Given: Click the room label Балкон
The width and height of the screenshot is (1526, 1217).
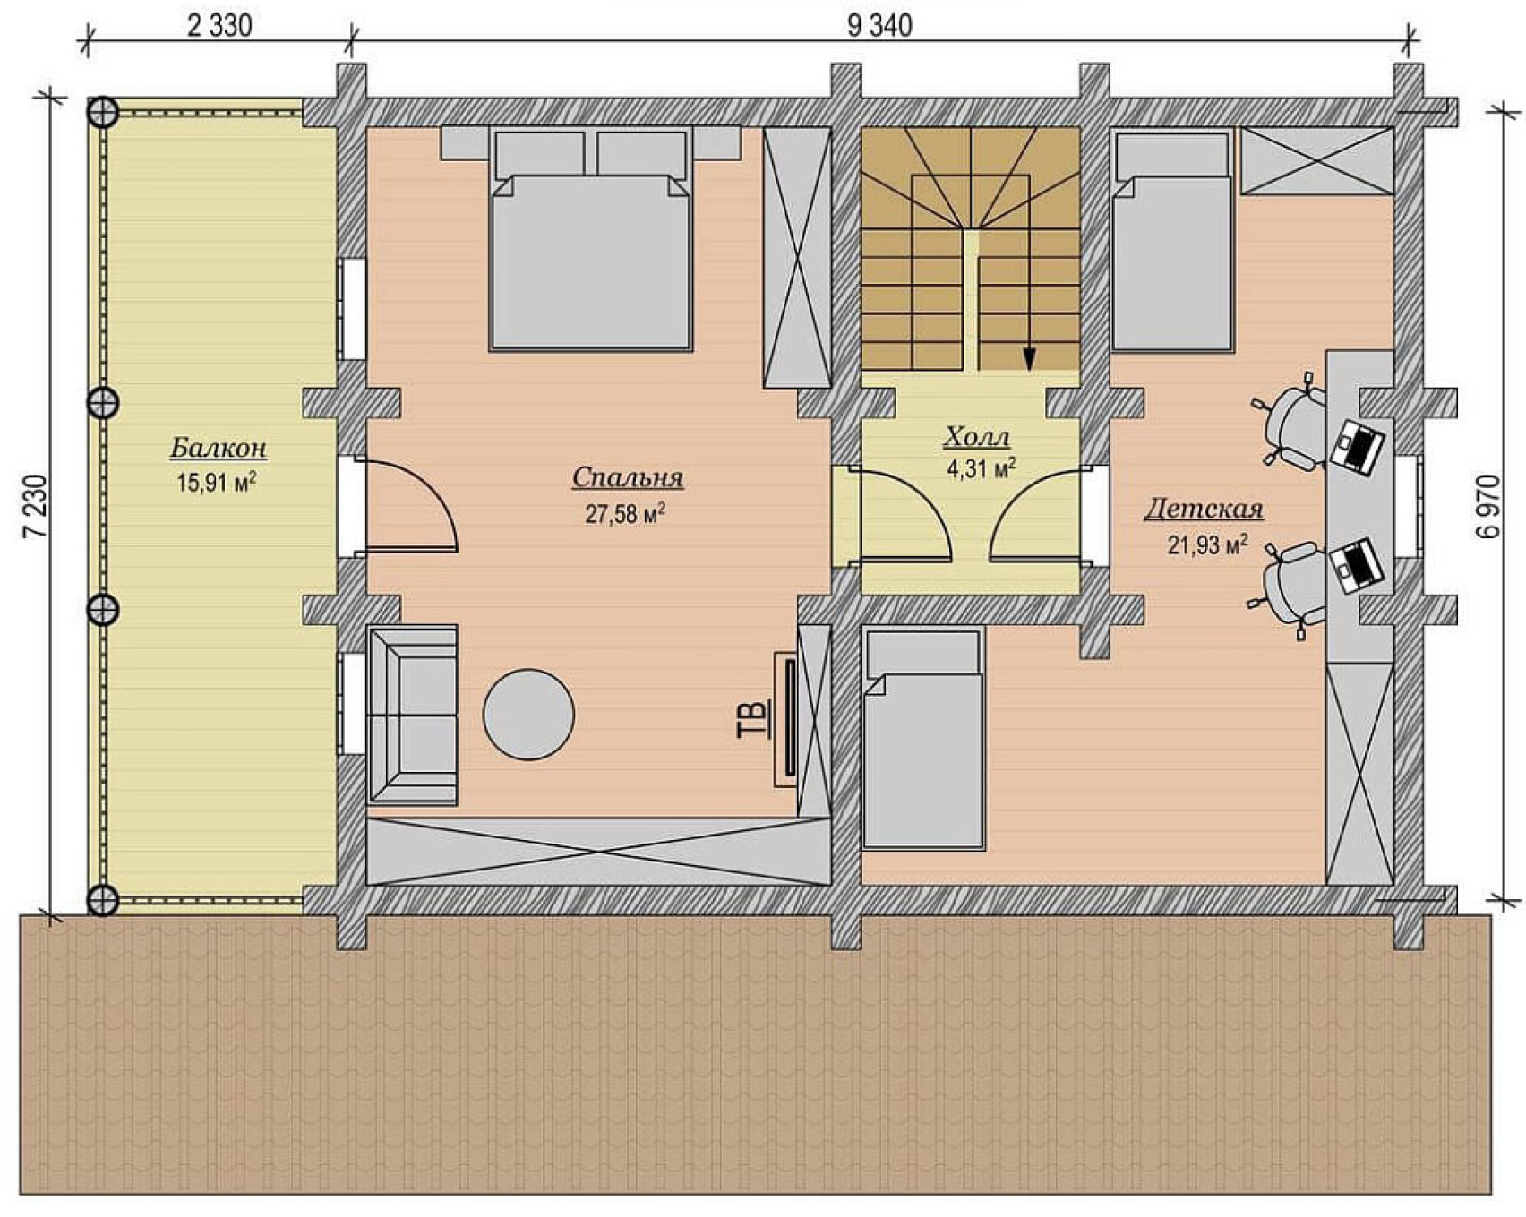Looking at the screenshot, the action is (219, 448).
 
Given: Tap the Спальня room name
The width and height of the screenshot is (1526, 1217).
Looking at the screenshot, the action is (628, 478).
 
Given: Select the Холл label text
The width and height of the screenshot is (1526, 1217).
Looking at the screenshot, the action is (977, 438).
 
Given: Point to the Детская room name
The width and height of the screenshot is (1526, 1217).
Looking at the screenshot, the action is (1204, 510).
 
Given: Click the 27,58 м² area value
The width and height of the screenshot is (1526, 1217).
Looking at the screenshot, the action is (625, 513).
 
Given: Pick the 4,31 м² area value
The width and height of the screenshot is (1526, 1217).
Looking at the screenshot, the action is (982, 467).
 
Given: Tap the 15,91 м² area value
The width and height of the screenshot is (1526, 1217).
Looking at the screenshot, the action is (217, 483).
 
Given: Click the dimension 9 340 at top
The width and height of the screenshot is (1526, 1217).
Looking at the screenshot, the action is (879, 25).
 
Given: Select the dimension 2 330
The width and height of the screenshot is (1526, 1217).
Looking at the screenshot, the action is (219, 25).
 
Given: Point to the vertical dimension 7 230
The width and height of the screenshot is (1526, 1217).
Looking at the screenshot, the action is (37, 506).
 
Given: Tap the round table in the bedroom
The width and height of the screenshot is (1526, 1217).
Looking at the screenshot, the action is (528, 715).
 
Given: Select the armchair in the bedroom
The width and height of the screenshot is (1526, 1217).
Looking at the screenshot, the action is (413, 714).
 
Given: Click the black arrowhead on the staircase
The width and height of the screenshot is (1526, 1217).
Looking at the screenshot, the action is (1029, 359).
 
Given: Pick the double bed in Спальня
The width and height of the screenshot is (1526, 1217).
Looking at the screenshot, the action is (591, 239).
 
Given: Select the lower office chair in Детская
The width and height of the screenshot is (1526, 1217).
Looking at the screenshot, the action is (1290, 585).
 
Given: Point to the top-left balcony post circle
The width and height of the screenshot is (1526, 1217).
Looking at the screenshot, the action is (104, 113).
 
